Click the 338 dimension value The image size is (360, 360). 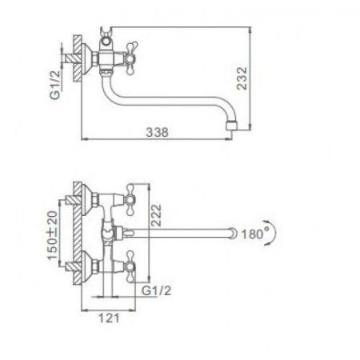coord(157,134)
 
